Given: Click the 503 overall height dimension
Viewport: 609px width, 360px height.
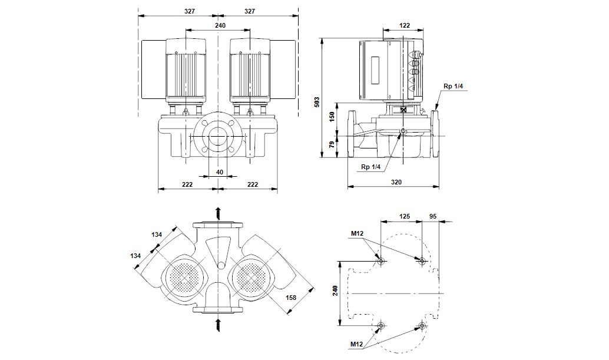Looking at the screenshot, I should [x=317, y=102].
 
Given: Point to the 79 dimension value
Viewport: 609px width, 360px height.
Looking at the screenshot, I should [x=332, y=145].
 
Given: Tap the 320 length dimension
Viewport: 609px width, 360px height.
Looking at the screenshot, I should [x=396, y=183].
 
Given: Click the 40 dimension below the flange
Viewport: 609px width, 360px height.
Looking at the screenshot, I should [x=220, y=172].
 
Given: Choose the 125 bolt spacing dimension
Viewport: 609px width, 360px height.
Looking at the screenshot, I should [x=404, y=216].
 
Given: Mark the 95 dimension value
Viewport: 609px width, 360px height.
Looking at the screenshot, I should [x=433, y=216].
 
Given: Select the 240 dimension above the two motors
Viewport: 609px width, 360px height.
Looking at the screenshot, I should [x=220, y=25].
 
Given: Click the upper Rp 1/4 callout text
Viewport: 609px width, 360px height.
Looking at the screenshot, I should [x=453, y=87].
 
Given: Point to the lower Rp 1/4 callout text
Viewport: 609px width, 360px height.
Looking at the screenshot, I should [x=372, y=167].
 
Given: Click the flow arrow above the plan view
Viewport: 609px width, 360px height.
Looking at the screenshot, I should [x=218, y=213].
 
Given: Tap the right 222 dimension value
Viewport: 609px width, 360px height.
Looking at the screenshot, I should [x=252, y=184].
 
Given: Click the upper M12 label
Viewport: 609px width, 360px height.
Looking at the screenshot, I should [x=357, y=233].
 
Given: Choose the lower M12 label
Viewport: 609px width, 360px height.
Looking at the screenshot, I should [x=357, y=344].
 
